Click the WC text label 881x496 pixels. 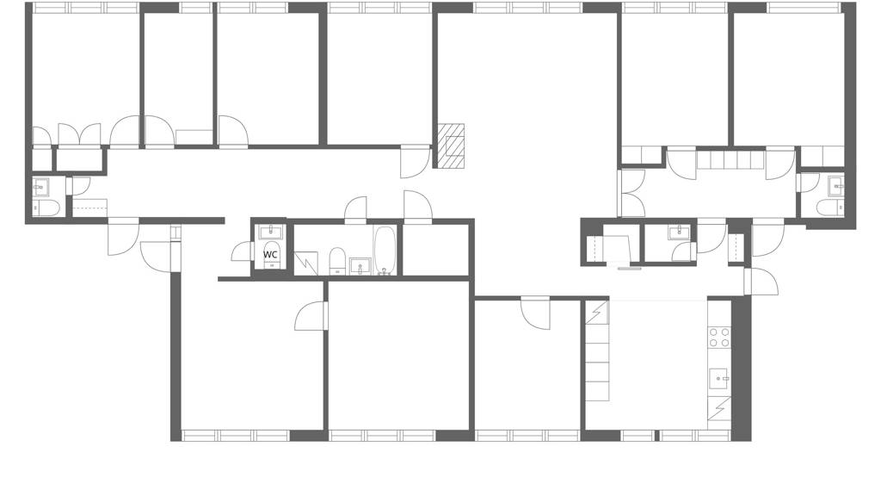[270, 254]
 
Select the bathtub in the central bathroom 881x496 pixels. [385, 251]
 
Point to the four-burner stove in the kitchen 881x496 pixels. [719, 338]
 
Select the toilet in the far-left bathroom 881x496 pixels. [46, 208]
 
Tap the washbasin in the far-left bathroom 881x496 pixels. [41, 187]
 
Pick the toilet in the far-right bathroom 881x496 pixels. [830, 208]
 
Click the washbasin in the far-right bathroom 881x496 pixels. [836, 184]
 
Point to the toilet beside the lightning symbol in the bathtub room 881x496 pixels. [337, 261]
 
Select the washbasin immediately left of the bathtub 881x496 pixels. [359, 265]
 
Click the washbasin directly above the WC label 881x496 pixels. [271, 232]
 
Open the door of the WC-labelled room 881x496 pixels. [242, 251]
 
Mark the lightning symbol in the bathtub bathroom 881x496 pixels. [305, 263]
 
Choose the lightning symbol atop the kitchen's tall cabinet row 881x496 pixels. [597, 313]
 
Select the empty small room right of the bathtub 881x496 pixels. [435, 250]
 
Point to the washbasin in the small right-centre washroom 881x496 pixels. [680, 231]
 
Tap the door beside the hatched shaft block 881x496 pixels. [416, 161]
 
